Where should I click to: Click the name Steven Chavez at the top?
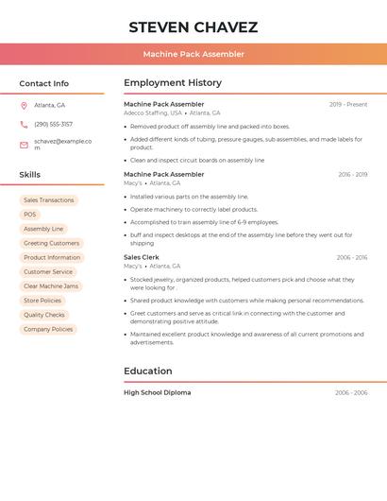click(x=193, y=26)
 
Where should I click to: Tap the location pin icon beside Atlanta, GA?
click(x=24, y=105)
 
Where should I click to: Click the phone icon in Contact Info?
click(x=24, y=124)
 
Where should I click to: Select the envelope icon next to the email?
click(x=24, y=145)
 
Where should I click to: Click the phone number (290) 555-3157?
click(x=53, y=124)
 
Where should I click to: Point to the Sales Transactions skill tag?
click(x=49, y=200)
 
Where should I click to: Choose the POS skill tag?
click(x=30, y=215)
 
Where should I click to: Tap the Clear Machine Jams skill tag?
click(x=52, y=286)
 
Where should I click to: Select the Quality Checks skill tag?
click(x=44, y=315)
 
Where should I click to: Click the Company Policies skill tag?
click(x=48, y=329)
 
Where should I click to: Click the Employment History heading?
click(x=173, y=83)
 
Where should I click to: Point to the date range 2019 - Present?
click(x=348, y=104)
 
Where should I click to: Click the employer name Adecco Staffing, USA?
click(x=153, y=112)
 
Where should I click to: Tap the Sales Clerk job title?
click(x=142, y=257)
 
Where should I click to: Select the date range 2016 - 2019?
click(x=352, y=175)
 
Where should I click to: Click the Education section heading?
click(x=148, y=371)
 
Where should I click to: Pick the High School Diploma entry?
click(x=157, y=392)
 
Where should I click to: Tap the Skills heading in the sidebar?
click(x=30, y=175)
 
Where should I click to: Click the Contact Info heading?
click(x=44, y=83)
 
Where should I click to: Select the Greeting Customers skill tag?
click(x=51, y=243)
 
